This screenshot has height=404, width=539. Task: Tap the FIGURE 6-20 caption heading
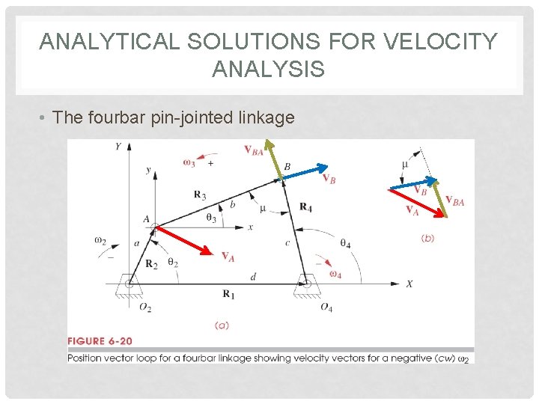100,341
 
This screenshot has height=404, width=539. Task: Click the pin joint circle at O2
130,284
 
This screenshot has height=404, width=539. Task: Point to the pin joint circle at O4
305,284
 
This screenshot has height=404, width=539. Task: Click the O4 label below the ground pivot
326,307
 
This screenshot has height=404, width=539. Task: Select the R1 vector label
228,295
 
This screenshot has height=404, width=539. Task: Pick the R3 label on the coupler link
200,196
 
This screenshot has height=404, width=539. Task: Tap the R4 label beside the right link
305,206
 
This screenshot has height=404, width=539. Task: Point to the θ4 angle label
345,244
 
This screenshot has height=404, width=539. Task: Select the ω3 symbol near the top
189,162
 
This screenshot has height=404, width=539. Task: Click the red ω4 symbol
335,272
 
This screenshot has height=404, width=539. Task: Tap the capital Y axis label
118,147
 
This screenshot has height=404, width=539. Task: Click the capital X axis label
409,284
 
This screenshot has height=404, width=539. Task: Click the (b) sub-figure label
427,238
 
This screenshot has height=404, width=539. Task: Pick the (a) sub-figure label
222,325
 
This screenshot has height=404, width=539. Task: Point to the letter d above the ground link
253,277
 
